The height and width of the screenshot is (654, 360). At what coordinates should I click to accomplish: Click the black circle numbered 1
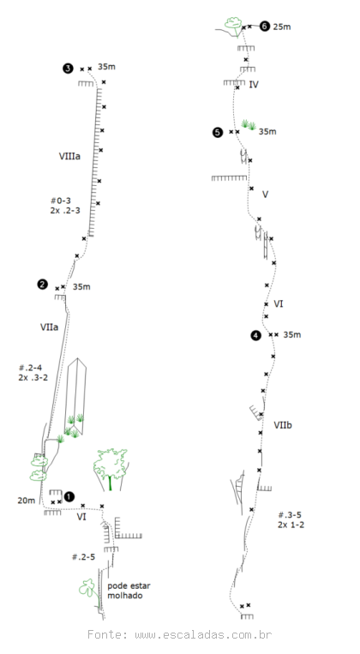click(x=69, y=497)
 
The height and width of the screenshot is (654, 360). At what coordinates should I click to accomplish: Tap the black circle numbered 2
click(x=42, y=285)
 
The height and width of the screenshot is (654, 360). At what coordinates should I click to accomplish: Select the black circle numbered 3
click(x=68, y=69)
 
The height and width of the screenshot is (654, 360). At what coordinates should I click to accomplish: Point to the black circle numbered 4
click(x=255, y=335)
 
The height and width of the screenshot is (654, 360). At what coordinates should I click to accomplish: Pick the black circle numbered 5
click(x=218, y=132)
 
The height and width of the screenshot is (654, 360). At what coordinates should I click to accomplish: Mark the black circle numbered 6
click(x=265, y=27)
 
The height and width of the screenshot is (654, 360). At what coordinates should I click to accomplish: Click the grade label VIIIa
click(x=69, y=156)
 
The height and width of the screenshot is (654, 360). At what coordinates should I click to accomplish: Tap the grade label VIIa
click(x=49, y=327)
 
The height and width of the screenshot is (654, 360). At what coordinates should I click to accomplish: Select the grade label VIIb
click(x=283, y=425)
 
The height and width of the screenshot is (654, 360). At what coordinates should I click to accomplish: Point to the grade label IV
click(x=254, y=84)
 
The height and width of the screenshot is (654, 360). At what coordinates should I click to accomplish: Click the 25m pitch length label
click(x=282, y=27)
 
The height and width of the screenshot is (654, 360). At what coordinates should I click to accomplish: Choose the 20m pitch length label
click(x=27, y=500)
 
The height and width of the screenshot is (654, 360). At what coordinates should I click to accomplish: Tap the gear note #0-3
click(x=61, y=201)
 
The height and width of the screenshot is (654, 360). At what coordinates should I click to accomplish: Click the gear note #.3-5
click(x=290, y=514)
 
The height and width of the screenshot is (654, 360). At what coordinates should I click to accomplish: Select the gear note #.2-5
click(x=83, y=557)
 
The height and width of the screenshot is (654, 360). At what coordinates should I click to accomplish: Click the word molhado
click(x=125, y=596)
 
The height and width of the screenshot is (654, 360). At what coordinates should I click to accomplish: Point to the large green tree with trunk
click(x=110, y=468)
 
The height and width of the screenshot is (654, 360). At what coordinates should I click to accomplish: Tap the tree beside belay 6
click(x=234, y=24)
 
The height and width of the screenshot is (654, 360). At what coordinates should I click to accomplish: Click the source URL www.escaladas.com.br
click(x=203, y=635)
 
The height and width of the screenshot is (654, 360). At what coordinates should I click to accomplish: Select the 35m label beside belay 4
click(x=292, y=334)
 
